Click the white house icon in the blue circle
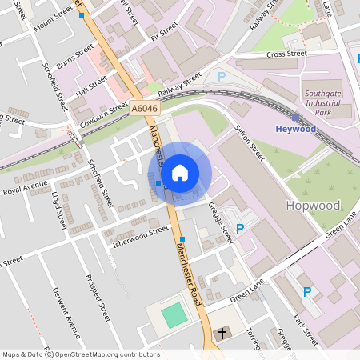tap(180, 173)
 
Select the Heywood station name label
tap(296, 128)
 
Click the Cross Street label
tap(286, 54)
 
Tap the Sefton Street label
tap(249, 142)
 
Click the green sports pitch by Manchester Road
tap(174, 315)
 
